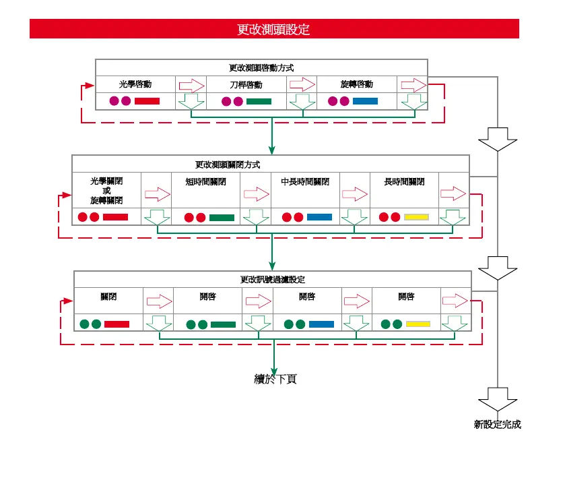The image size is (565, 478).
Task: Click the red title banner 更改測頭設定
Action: (274, 29)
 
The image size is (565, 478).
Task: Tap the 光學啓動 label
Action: (135, 85)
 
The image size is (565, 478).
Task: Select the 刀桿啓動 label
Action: (246, 86)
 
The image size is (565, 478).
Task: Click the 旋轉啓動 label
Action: (356, 85)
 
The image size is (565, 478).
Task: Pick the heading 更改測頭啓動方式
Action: (261, 68)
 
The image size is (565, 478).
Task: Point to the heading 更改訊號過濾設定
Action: (273, 279)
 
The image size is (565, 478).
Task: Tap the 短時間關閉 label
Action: (206, 182)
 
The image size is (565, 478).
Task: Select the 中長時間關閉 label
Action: (305, 182)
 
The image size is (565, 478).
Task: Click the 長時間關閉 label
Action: (404, 182)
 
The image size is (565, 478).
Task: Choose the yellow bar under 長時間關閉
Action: (416, 217)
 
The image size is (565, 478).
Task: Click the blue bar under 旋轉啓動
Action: (365, 101)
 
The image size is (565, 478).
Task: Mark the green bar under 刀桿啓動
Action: (259, 102)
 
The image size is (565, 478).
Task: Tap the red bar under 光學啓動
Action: (147, 101)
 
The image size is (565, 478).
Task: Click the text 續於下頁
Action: (273, 379)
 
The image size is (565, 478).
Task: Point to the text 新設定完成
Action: (497, 425)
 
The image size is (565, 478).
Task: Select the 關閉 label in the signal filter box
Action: (108, 297)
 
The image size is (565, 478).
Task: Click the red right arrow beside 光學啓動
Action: (191, 85)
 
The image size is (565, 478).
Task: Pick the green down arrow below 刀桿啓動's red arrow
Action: (302, 102)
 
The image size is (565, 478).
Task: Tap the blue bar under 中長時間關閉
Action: (319, 217)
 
